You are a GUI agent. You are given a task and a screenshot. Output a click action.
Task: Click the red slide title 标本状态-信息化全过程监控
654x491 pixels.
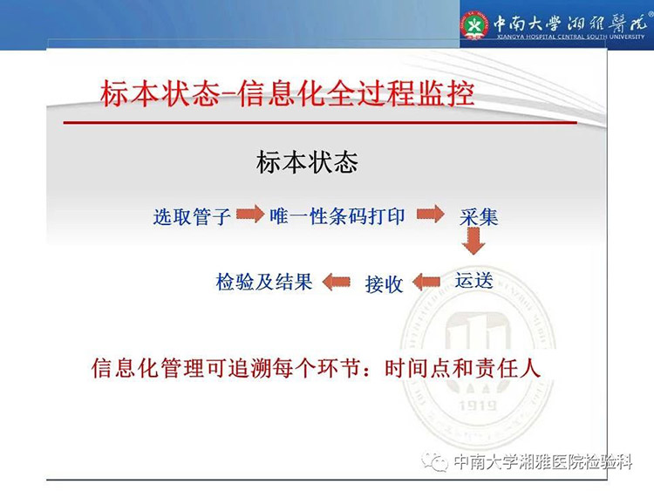[x=287, y=93]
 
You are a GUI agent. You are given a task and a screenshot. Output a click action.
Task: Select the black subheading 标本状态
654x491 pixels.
[x=307, y=162]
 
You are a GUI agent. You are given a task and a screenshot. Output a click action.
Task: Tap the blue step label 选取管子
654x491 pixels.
[x=192, y=216]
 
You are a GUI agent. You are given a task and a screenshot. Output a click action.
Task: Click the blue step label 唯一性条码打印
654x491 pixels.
[x=337, y=216]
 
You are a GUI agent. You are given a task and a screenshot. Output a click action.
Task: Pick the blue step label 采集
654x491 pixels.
[x=479, y=217]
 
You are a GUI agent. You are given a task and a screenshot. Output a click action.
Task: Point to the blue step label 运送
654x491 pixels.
[x=473, y=280]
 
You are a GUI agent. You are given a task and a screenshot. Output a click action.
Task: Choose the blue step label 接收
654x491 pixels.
[x=385, y=284]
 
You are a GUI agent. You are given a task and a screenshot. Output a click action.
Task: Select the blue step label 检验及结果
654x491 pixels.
[x=264, y=282]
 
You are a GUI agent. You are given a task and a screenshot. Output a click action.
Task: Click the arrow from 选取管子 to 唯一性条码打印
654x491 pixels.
[x=250, y=215]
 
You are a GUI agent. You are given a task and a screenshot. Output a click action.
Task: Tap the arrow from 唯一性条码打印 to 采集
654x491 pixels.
[x=431, y=215]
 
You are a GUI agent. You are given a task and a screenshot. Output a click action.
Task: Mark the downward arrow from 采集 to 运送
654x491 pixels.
[x=473, y=241]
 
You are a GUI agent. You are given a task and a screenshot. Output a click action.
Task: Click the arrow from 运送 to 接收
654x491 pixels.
[x=426, y=282]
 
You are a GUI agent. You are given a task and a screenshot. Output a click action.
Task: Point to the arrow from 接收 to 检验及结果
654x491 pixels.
[x=337, y=282]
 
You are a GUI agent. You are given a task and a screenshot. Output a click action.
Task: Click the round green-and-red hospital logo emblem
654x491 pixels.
[x=473, y=25]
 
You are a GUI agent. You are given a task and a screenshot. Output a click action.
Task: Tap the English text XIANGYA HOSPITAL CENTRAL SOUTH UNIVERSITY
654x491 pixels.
[x=570, y=37]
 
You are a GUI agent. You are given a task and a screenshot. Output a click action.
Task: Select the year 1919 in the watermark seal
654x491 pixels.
[x=478, y=405]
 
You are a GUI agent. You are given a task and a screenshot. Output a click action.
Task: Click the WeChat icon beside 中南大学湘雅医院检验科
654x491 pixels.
[x=435, y=462]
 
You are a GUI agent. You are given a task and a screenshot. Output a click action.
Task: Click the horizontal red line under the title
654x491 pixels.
[x=320, y=123]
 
